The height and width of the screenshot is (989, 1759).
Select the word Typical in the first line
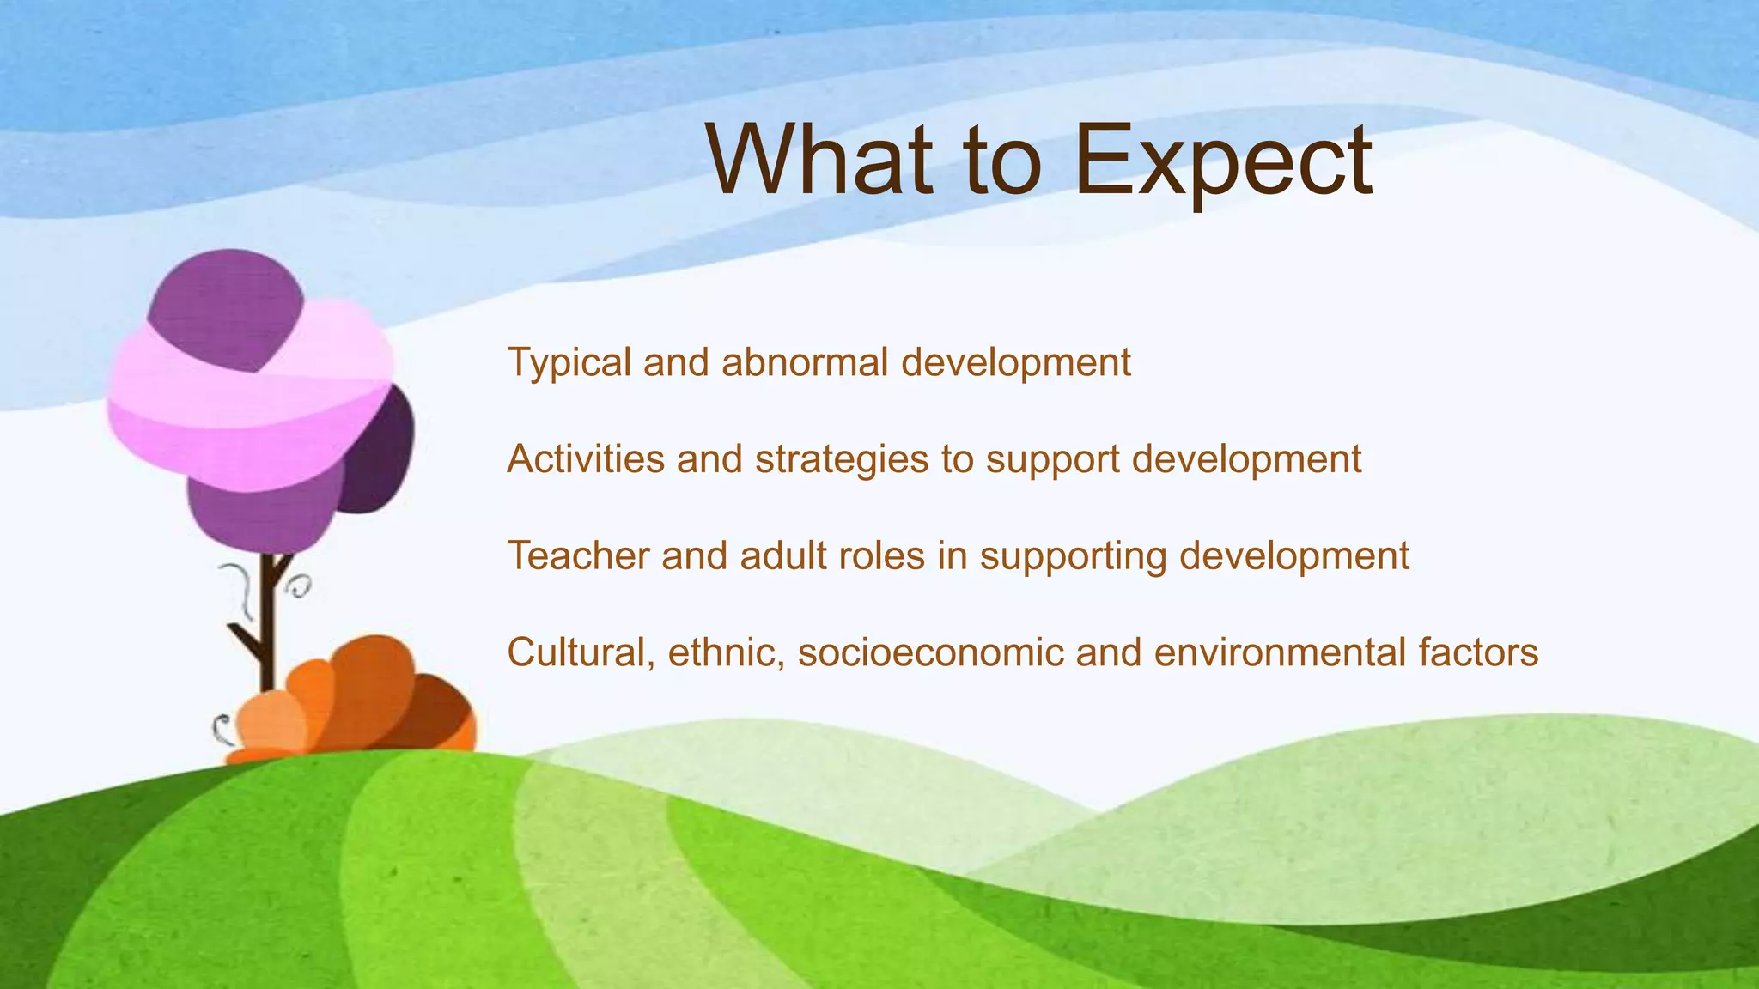click(569, 362)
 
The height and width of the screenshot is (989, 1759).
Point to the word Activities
click(586, 459)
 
